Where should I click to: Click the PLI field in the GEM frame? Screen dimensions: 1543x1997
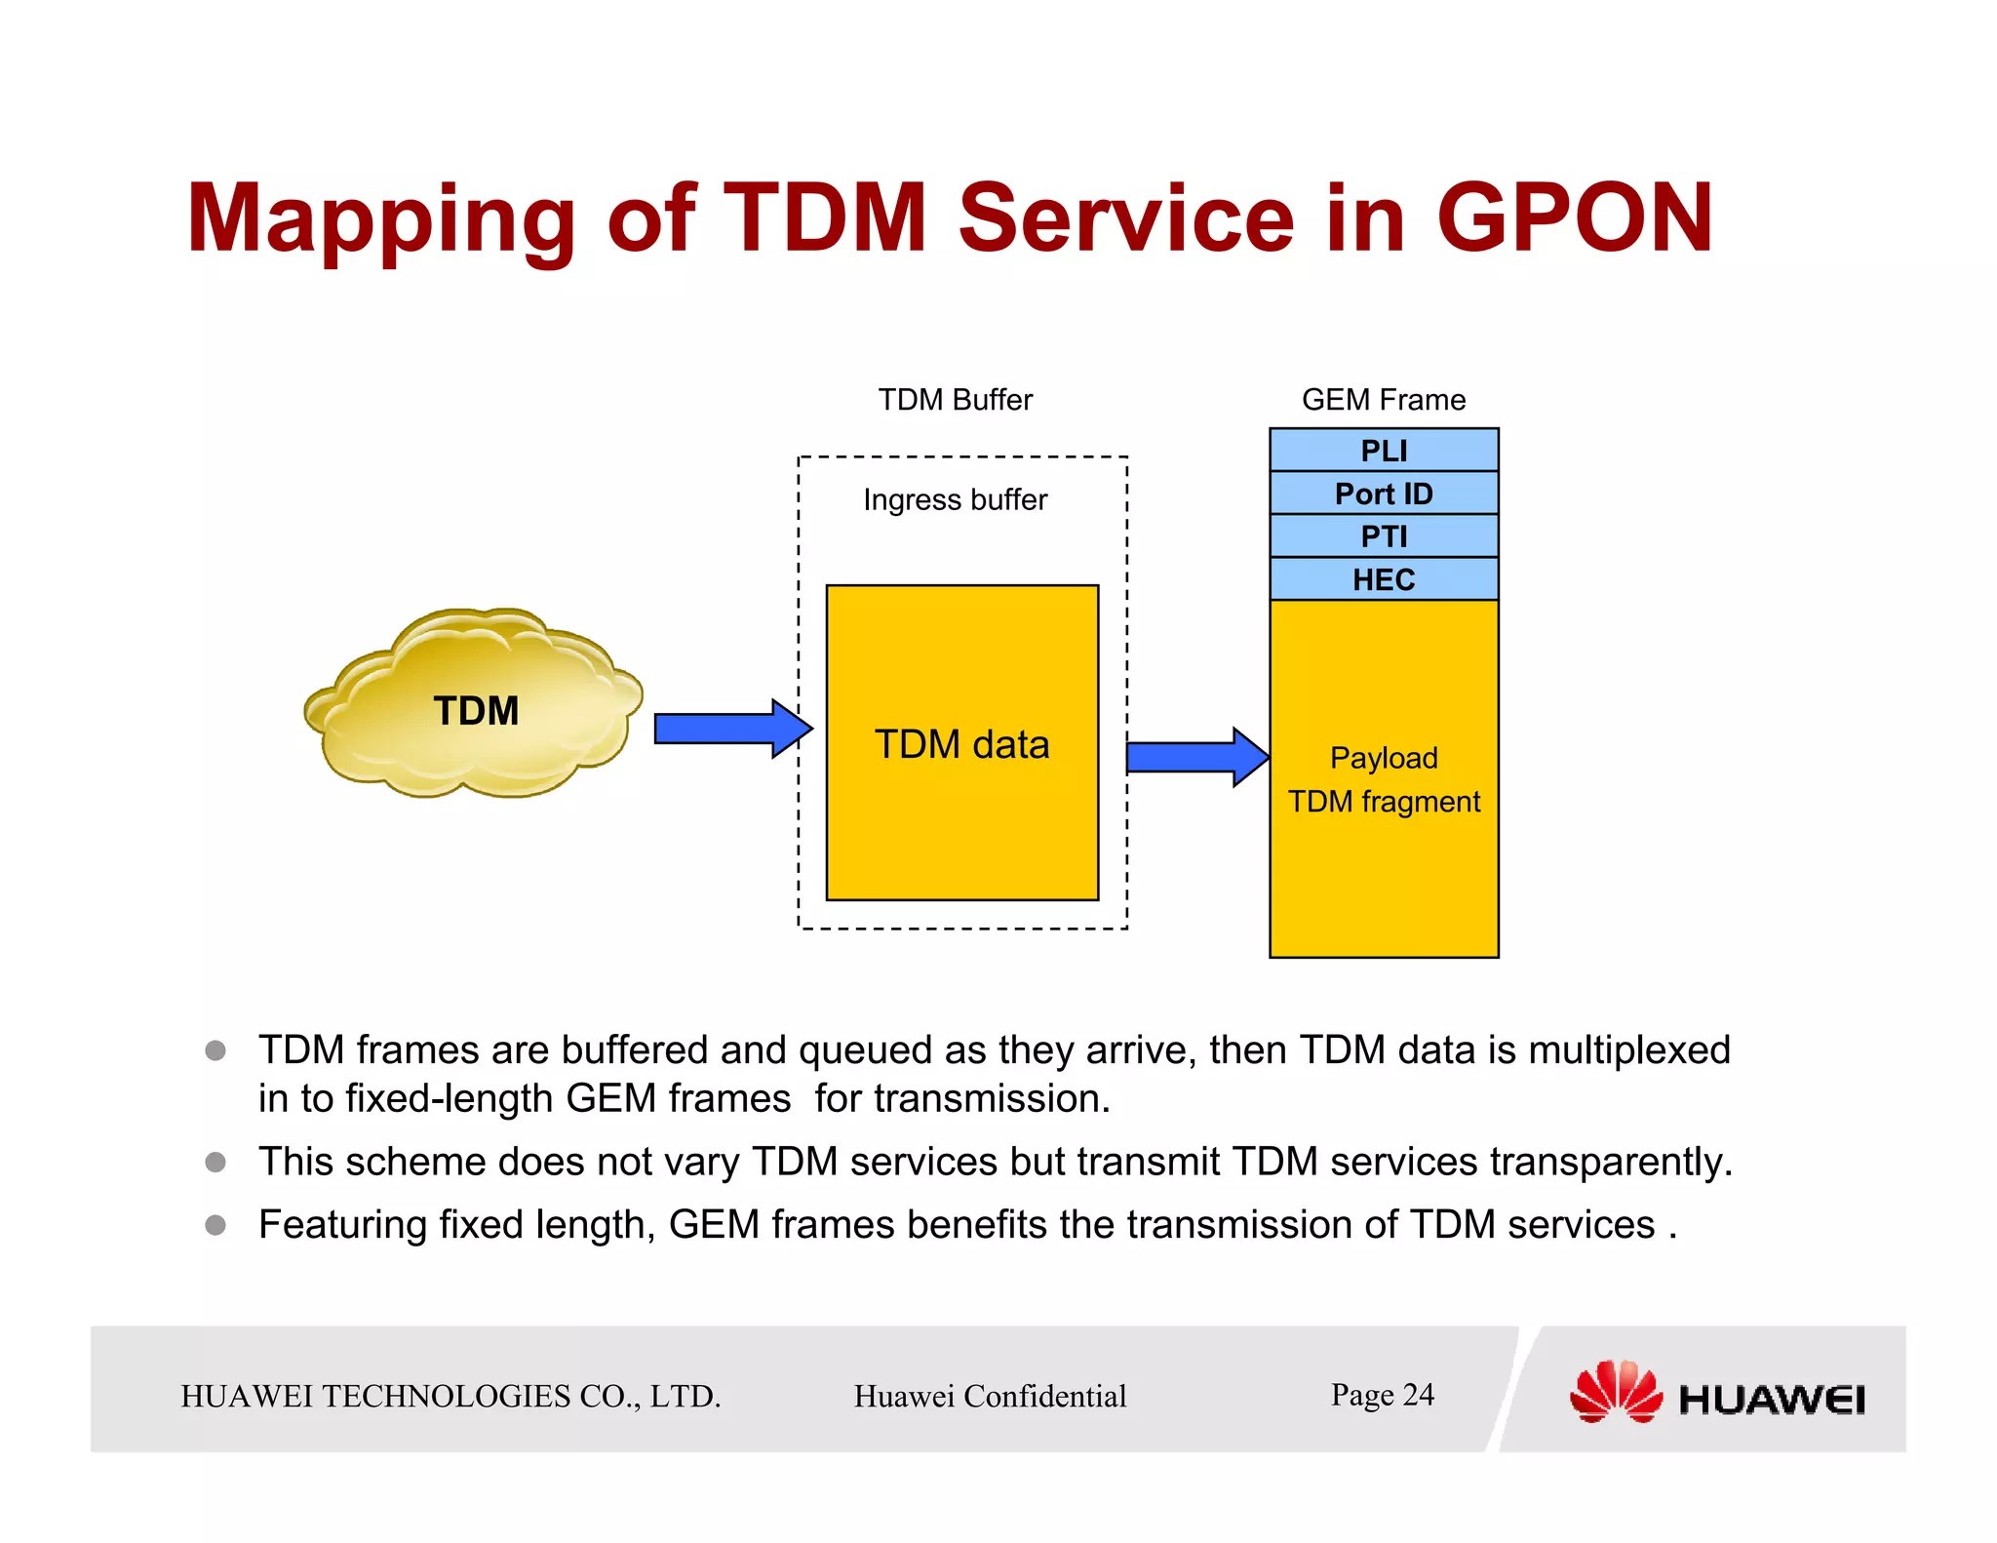click(1383, 451)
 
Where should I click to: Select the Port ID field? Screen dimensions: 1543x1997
click(1383, 494)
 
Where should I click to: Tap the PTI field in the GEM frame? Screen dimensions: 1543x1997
click(1383, 536)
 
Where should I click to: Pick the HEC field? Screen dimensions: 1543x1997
click(1383, 579)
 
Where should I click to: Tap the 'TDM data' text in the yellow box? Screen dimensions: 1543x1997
click(961, 744)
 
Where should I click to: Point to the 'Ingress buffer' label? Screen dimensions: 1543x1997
click(955, 499)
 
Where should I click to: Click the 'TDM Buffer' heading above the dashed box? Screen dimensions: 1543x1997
click(955, 400)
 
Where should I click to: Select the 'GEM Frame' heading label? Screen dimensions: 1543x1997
click(1383, 400)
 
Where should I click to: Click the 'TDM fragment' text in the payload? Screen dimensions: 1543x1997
click(1383, 802)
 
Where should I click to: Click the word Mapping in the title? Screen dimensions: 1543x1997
click(380, 220)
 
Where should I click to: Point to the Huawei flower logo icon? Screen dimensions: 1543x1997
click(1615, 1392)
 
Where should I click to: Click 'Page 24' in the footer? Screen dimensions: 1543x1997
click(1382, 1395)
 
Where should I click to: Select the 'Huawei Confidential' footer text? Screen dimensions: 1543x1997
click(990, 1396)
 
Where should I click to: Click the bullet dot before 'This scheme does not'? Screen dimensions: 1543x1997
click(215, 1162)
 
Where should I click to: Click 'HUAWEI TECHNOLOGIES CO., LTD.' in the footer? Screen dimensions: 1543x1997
click(450, 1396)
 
